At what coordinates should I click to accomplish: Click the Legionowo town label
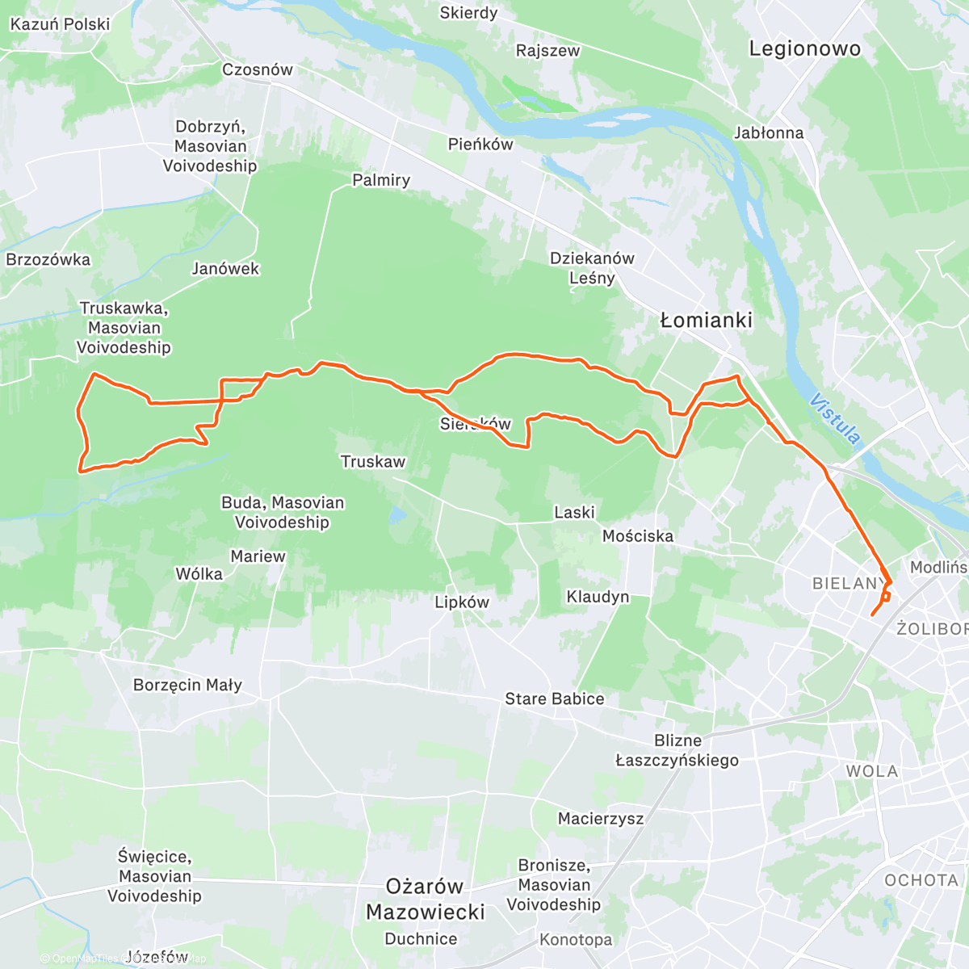coord(804,48)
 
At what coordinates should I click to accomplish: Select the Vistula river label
coord(835,419)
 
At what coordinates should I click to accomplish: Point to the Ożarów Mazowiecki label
coord(426,899)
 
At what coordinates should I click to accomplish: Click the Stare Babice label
coord(554,698)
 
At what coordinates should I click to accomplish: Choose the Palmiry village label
coord(381,180)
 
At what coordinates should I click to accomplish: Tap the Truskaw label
coord(373,462)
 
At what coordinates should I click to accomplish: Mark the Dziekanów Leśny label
coord(592,268)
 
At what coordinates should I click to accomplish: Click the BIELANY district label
coord(848,583)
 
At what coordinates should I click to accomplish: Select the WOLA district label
coord(871,771)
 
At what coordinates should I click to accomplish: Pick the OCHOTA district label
coord(921,880)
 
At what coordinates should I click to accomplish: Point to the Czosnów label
coord(258,69)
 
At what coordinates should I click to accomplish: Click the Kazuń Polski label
coord(60,24)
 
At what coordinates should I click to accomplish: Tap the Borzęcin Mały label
coord(187,685)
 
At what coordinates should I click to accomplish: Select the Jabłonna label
coord(768,132)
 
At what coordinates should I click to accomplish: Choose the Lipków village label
coord(462,602)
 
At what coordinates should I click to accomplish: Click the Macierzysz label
coord(601,819)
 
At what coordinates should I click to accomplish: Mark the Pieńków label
coord(480,145)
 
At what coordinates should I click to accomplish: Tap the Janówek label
coord(225,269)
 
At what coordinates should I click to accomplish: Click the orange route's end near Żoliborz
coord(872,615)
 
